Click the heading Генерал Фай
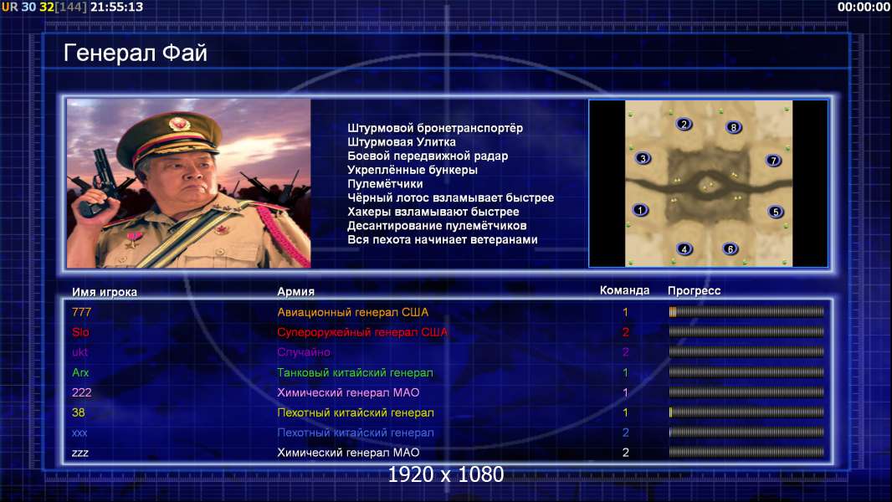click(136, 53)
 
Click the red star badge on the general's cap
click(178, 123)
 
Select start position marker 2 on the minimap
click(684, 124)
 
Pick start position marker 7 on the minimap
click(773, 160)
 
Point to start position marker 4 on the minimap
click(684, 248)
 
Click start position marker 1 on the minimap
click(640, 210)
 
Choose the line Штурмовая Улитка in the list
click(402, 142)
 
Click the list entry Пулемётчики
click(385, 183)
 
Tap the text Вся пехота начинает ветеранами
click(443, 239)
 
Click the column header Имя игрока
click(104, 292)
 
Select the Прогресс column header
click(694, 290)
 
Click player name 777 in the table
click(81, 312)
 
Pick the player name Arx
click(80, 372)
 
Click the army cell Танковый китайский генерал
click(355, 373)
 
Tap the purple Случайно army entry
click(304, 352)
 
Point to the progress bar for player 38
click(746, 412)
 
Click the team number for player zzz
click(625, 453)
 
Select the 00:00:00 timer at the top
click(863, 7)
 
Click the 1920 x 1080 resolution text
click(445, 474)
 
